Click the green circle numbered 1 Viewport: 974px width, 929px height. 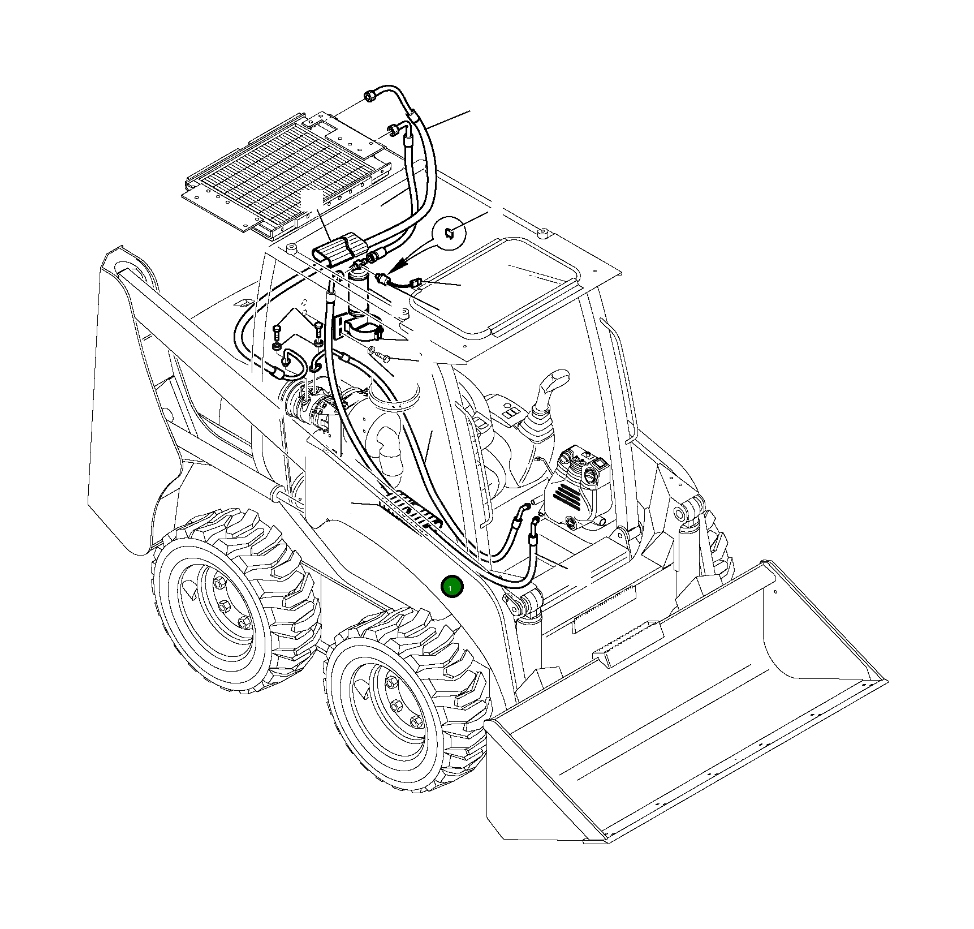[452, 587]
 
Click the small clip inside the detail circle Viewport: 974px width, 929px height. [449, 233]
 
